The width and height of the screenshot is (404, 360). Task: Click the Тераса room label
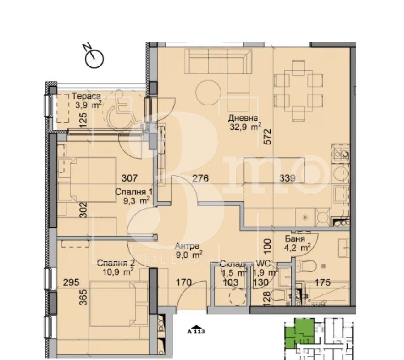point(86,96)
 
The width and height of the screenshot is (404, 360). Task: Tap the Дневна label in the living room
point(243,118)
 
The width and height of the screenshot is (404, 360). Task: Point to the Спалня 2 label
point(116,263)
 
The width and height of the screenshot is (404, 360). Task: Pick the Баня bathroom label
point(295,239)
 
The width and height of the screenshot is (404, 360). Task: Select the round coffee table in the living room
point(209,92)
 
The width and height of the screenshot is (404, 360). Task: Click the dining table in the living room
point(299,91)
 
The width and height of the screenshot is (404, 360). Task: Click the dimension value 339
point(287,178)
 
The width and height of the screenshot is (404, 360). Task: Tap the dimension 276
point(200,178)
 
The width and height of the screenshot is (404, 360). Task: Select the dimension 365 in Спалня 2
point(83,297)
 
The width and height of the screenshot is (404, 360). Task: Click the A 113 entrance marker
point(196,330)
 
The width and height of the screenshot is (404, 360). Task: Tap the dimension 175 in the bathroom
point(323,282)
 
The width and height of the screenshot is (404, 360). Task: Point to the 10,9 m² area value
point(117,271)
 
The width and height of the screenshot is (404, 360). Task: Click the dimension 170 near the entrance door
point(184,282)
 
